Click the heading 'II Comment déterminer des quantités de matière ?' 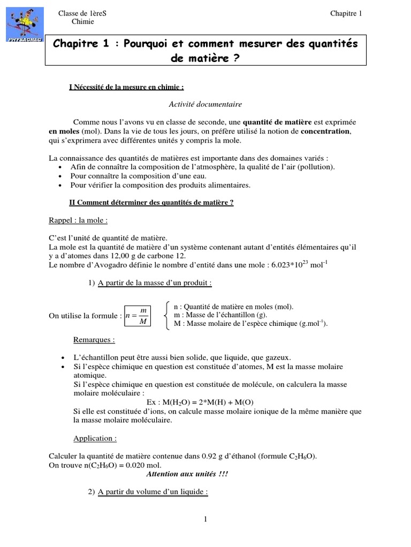(151, 202)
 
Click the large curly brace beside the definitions (168, 315)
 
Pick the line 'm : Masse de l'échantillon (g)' (225, 315)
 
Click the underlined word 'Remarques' (94, 339)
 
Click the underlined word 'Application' (95, 439)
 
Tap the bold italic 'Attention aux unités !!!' (184, 474)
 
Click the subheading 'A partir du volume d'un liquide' (151, 491)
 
